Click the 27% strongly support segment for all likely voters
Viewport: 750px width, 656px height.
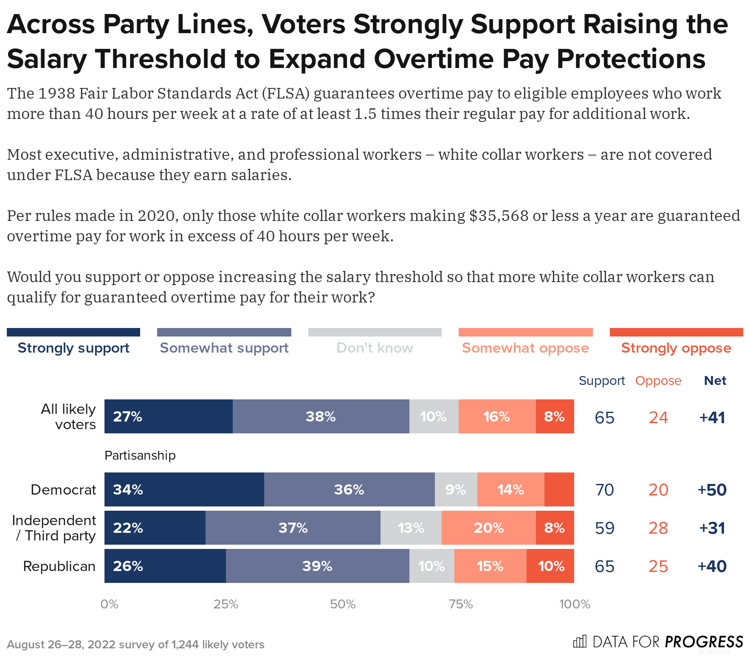(168, 416)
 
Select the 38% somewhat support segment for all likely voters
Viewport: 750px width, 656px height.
(321, 416)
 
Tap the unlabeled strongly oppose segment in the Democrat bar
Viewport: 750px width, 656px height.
(559, 489)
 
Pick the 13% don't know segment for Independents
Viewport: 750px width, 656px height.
(411, 528)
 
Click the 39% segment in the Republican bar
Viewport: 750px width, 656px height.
(317, 566)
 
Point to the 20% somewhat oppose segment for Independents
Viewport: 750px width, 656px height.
(488, 528)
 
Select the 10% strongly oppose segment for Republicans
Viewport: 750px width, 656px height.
(550, 566)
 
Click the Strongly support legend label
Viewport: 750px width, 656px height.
(73, 348)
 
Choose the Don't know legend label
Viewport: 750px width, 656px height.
(375, 348)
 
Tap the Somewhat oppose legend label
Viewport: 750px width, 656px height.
(525, 348)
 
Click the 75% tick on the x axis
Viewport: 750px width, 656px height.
(461, 604)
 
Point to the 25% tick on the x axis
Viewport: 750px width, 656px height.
(226, 604)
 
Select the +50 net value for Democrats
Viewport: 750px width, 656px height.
(712, 490)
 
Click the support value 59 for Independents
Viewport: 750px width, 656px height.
(604, 528)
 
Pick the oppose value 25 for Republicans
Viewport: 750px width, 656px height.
(658, 566)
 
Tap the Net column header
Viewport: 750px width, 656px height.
(715, 381)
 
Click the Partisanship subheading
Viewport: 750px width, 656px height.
(140, 455)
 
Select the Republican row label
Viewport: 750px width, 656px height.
(59, 566)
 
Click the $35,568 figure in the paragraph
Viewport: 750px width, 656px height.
(499, 216)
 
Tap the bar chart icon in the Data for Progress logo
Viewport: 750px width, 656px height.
(580, 641)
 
